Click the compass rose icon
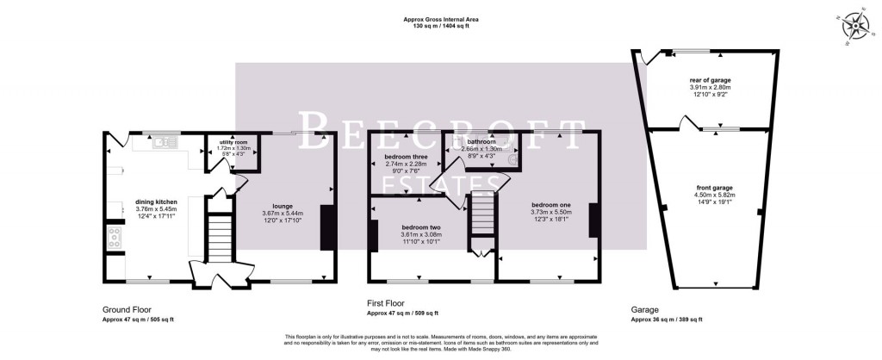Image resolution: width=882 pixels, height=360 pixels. point(858,26)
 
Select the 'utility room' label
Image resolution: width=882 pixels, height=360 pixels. point(233,142)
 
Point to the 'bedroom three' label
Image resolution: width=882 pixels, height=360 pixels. point(405,156)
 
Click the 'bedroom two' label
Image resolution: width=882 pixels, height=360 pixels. point(421,227)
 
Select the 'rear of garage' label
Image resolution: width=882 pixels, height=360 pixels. point(711,79)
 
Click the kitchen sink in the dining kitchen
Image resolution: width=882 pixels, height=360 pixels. point(164,142)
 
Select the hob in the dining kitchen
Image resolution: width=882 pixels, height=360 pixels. point(114,239)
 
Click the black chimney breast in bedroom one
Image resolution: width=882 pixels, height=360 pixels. point(593,219)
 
